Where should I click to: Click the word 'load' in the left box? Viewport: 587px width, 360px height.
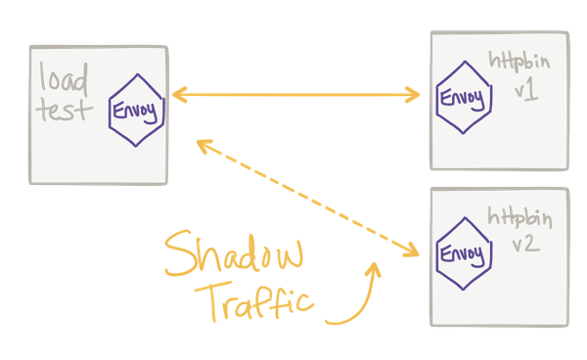point(64,77)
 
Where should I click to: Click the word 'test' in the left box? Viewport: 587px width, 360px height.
point(64,110)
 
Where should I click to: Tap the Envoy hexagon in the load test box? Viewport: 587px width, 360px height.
point(137,110)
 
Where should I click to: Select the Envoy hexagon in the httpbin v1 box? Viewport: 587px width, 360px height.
point(464,97)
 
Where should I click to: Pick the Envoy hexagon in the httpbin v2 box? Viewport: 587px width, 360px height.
point(464,253)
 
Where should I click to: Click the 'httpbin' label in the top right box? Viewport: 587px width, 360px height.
point(519,62)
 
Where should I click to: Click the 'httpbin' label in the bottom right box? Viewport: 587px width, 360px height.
point(519,218)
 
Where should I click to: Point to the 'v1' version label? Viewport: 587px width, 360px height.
point(526,92)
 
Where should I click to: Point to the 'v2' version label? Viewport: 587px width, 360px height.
point(526,244)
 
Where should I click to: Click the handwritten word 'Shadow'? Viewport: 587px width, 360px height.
point(234,253)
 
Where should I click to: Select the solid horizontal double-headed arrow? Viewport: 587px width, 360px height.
point(295,95)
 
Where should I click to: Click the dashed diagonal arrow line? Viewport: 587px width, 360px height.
point(308,199)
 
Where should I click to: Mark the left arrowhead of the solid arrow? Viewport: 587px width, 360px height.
point(179,95)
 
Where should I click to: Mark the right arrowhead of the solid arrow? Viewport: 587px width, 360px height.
point(413,95)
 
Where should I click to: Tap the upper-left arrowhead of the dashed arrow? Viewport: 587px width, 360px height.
point(203,145)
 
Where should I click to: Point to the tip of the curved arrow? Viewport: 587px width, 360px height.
point(375,263)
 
